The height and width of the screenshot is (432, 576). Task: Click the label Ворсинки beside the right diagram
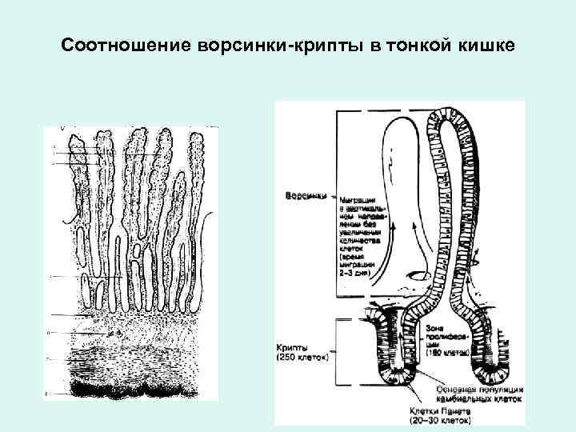coord(304,196)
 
